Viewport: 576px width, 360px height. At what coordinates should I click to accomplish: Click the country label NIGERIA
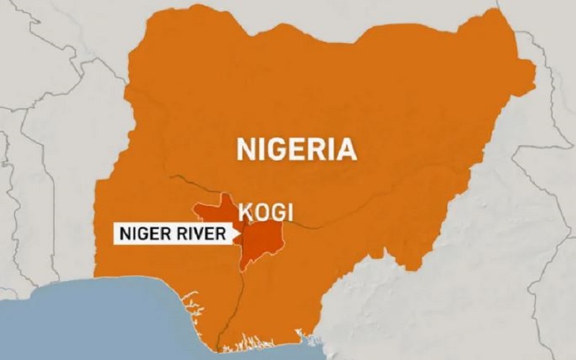[x=297, y=150]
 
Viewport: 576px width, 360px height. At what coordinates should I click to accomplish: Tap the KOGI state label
[x=266, y=212]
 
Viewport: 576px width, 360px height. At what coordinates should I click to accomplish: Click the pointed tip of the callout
[x=242, y=233]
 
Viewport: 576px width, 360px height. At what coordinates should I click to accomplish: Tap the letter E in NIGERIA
[x=303, y=150]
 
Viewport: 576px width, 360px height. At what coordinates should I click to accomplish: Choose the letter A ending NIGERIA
[x=347, y=150]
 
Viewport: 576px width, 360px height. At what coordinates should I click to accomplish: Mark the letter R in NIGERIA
[x=322, y=150]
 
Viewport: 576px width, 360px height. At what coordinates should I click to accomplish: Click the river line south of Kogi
[x=236, y=295]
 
